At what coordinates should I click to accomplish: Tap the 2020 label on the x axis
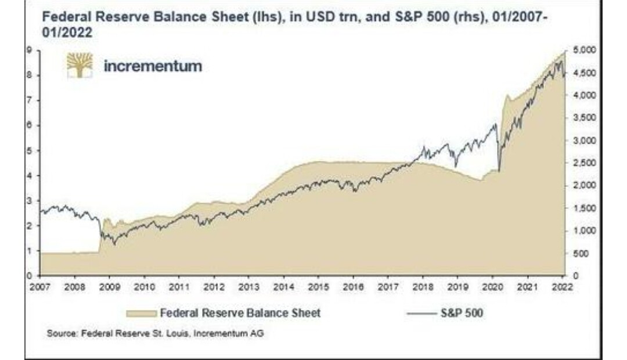click(x=493, y=287)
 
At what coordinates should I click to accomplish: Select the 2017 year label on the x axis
click(x=388, y=287)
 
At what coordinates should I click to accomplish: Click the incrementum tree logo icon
click(x=80, y=65)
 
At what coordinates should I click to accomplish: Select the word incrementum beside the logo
click(x=153, y=66)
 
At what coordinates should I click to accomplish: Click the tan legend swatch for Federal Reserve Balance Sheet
click(x=141, y=313)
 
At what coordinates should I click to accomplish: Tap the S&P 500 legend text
click(x=462, y=313)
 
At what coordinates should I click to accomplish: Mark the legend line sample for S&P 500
click(x=422, y=314)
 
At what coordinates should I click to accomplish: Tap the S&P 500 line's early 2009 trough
click(x=114, y=243)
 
